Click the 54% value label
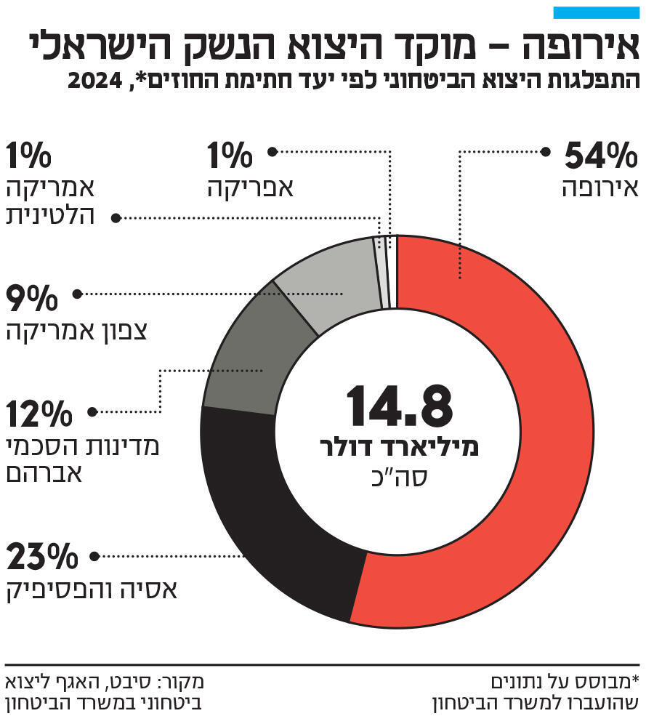[600, 155]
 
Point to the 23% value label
[41, 558]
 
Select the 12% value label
[39, 414]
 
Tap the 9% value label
[32, 297]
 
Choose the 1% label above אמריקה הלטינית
[29, 155]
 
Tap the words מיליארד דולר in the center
[399, 448]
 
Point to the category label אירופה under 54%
[600, 188]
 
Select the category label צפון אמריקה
[77, 331]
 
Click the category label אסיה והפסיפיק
[92, 590]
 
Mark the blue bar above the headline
[596, 12]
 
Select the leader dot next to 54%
[545, 152]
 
